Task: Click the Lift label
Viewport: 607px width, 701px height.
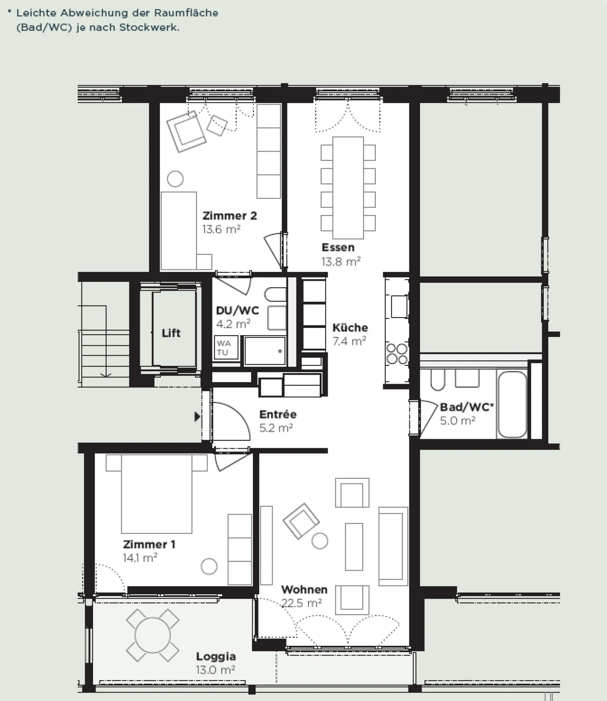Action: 171,333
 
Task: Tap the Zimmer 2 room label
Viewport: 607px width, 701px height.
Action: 230,216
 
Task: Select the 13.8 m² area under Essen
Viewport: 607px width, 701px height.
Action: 341,262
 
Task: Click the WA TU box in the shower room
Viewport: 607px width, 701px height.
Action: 226,348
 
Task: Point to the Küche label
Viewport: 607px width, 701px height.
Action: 350,328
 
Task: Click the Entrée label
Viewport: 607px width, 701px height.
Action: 278,414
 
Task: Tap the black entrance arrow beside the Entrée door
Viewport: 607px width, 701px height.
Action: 197,417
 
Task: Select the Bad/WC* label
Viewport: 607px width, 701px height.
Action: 467,407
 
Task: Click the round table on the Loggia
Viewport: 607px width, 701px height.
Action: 153,635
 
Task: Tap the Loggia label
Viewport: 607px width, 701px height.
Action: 216,656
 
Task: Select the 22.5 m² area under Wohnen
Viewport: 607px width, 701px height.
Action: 301,603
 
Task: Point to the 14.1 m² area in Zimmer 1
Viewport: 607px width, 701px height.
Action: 140,558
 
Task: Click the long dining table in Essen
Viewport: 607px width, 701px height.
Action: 348,188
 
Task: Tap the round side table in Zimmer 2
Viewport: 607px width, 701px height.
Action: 175,179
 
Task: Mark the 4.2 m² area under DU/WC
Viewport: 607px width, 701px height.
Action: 233,324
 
